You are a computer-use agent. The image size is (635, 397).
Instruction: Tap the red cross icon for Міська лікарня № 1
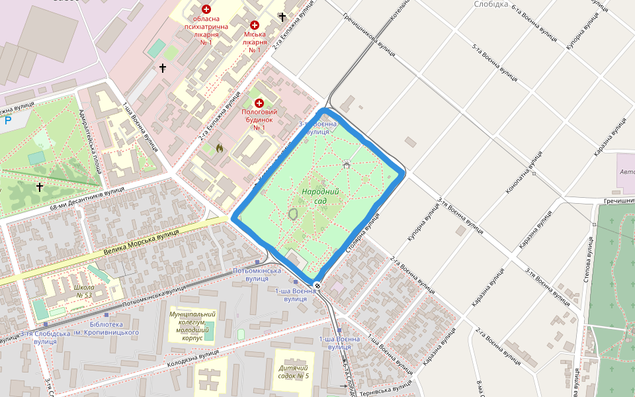254,25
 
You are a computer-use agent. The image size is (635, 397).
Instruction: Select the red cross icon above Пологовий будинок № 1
259,103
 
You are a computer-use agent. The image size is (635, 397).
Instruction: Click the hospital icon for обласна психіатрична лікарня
206,9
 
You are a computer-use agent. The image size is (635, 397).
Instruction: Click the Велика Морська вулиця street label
142,243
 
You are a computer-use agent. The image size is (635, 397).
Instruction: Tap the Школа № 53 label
84,292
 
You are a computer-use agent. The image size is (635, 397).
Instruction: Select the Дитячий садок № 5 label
294,372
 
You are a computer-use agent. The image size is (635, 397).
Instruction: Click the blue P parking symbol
7,121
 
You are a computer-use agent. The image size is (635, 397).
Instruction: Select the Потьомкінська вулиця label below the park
257,275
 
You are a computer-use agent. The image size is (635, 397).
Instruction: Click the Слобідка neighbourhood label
491,4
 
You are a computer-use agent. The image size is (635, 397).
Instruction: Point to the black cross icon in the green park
39,188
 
